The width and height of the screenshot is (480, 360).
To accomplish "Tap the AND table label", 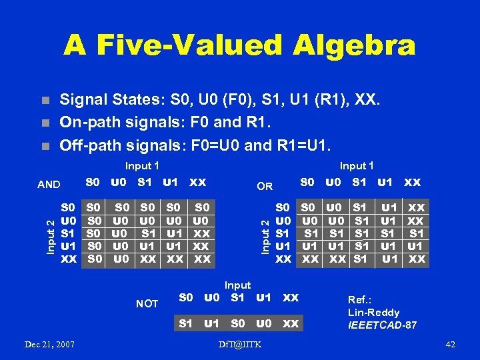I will pos(48,185).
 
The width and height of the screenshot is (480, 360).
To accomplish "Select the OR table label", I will pos(265,186).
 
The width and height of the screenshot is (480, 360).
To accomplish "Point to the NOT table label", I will pos(147,303).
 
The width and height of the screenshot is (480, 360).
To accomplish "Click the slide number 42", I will pos(450,344).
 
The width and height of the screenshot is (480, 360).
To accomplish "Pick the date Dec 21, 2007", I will pos(49,344).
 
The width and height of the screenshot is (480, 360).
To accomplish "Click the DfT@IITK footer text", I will pos(239,344).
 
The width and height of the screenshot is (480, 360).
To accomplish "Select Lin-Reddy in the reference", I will pos(373,312).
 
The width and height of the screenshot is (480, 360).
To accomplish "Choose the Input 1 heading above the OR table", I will pos(357,165).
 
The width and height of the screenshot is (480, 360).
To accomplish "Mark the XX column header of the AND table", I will pos(197,181).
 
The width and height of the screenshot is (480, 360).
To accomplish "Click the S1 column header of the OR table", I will pos(359,181).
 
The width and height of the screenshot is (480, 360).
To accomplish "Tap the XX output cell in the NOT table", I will pos(290,323).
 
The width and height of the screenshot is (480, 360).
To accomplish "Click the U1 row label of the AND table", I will pos(68,246).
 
